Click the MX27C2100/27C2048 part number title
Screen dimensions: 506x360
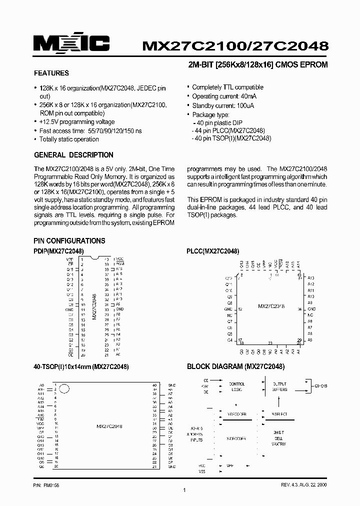[235, 46]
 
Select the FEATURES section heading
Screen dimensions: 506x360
[51, 73]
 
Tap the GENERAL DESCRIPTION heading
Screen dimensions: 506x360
[73, 155]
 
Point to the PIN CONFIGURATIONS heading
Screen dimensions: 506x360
[69, 241]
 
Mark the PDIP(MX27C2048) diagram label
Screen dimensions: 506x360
[58, 251]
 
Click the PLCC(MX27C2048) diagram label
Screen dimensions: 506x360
[213, 251]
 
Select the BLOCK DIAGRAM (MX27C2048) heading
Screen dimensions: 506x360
[235, 366]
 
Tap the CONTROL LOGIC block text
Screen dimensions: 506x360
[236, 386]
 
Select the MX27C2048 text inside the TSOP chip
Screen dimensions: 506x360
[109, 426]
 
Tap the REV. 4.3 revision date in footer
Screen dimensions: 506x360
[305, 485]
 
